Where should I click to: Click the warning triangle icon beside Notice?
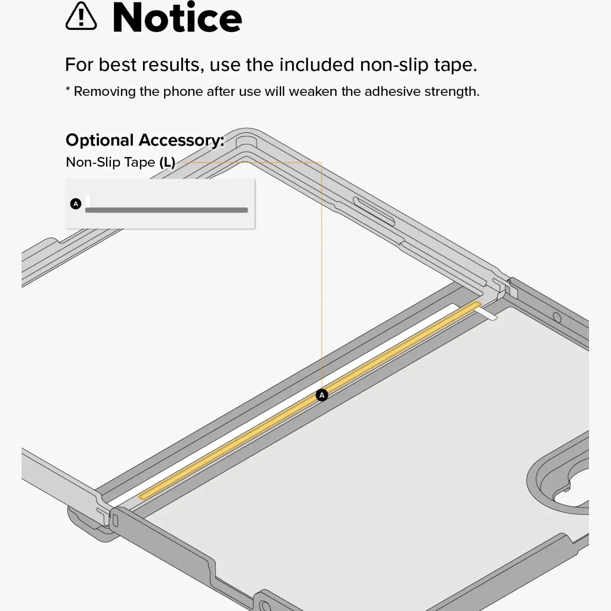pos(81,17)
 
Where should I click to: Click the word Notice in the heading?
pos(177,18)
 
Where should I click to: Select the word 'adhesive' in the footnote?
pos(391,91)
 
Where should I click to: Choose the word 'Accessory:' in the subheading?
pos(182,141)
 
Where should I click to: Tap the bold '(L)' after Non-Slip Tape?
pos(167,163)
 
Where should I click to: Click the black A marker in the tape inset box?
pos(76,204)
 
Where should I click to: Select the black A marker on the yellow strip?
pos(322,395)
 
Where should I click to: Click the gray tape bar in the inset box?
pos(167,210)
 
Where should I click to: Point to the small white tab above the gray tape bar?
pos(88,202)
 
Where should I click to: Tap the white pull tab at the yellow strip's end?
pos(486,313)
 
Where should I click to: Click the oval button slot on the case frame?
pos(374,211)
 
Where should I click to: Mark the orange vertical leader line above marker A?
pos(322,276)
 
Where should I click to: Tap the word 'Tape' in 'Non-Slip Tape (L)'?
pos(140,163)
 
